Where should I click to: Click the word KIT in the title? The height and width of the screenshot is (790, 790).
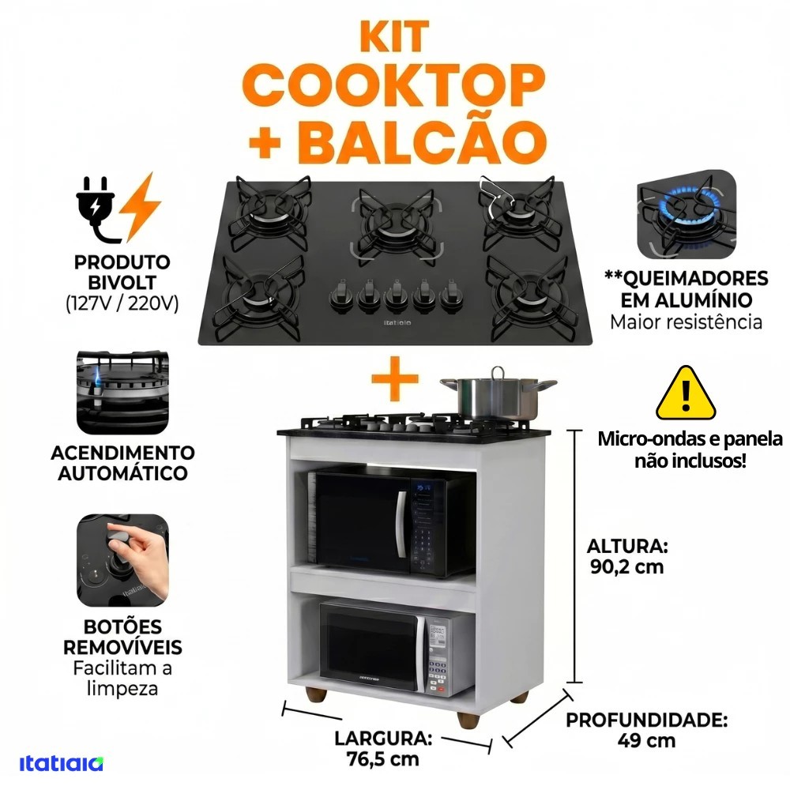click(x=394, y=36)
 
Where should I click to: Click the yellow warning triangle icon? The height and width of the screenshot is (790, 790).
click(x=686, y=393)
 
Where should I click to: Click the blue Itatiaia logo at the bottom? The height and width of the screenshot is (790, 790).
click(x=62, y=763)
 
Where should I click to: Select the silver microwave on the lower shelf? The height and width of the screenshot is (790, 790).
click(x=397, y=648)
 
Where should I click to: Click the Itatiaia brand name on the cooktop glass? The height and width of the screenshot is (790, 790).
click(x=397, y=322)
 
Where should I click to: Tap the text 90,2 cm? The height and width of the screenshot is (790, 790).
click(x=626, y=567)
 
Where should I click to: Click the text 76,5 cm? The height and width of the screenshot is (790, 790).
click(x=383, y=758)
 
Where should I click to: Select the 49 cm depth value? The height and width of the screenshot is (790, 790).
click(x=646, y=741)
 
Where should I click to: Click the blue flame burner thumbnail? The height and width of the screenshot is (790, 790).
click(x=687, y=215)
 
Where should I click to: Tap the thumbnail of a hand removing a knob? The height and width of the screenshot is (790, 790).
click(x=122, y=560)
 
